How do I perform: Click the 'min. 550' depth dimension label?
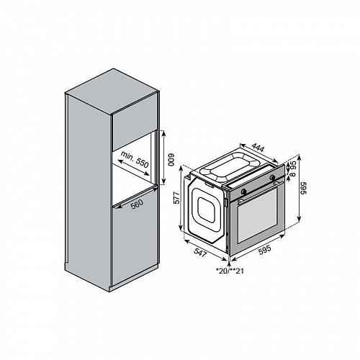135,159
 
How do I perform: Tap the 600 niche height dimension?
171,160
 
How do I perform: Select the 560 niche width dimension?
138,204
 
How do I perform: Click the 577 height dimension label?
176,198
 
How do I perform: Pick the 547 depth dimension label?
200,253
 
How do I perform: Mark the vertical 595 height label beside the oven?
304,189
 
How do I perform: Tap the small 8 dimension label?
292,174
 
